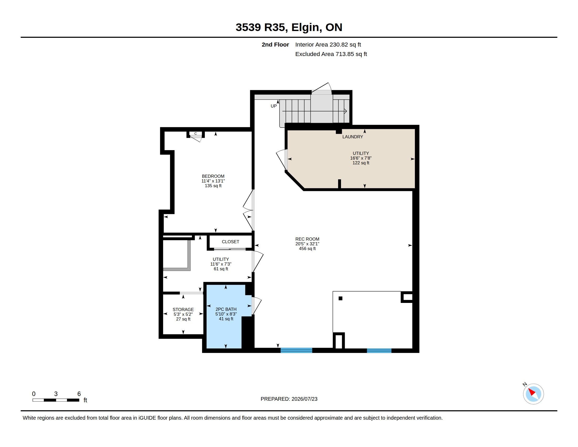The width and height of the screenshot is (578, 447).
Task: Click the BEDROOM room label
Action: tap(213, 176)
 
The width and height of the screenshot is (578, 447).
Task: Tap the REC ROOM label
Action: tap(307, 239)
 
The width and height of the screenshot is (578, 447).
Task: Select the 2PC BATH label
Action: tap(226, 309)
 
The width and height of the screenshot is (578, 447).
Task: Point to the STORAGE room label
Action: tap(183, 309)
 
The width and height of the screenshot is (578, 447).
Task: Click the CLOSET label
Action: tap(230, 241)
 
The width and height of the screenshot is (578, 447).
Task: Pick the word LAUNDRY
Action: tap(353, 137)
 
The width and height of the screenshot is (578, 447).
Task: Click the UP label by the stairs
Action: tap(274, 106)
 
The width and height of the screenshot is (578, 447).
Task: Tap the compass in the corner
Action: tap(533, 394)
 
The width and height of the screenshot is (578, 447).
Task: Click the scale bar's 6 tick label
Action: tap(79, 394)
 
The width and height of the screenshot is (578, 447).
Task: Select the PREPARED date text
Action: tap(289, 399)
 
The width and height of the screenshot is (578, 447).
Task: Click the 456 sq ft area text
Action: tap(307, 248)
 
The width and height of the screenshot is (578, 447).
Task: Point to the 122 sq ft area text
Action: tap(361, 163)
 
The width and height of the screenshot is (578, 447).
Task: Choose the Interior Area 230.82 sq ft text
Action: tap(328, 44)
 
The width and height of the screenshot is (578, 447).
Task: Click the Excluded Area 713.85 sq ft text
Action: tap(331, 54)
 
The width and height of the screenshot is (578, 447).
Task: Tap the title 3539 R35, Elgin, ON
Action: tap(289, 27)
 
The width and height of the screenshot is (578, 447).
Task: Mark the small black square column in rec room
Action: tap(340, 298)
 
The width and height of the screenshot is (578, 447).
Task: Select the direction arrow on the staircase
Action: tap(314, 111)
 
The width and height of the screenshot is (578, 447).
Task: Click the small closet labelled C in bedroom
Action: tap(195, 135)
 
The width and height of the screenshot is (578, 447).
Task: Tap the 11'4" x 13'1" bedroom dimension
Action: tap(213, 181)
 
